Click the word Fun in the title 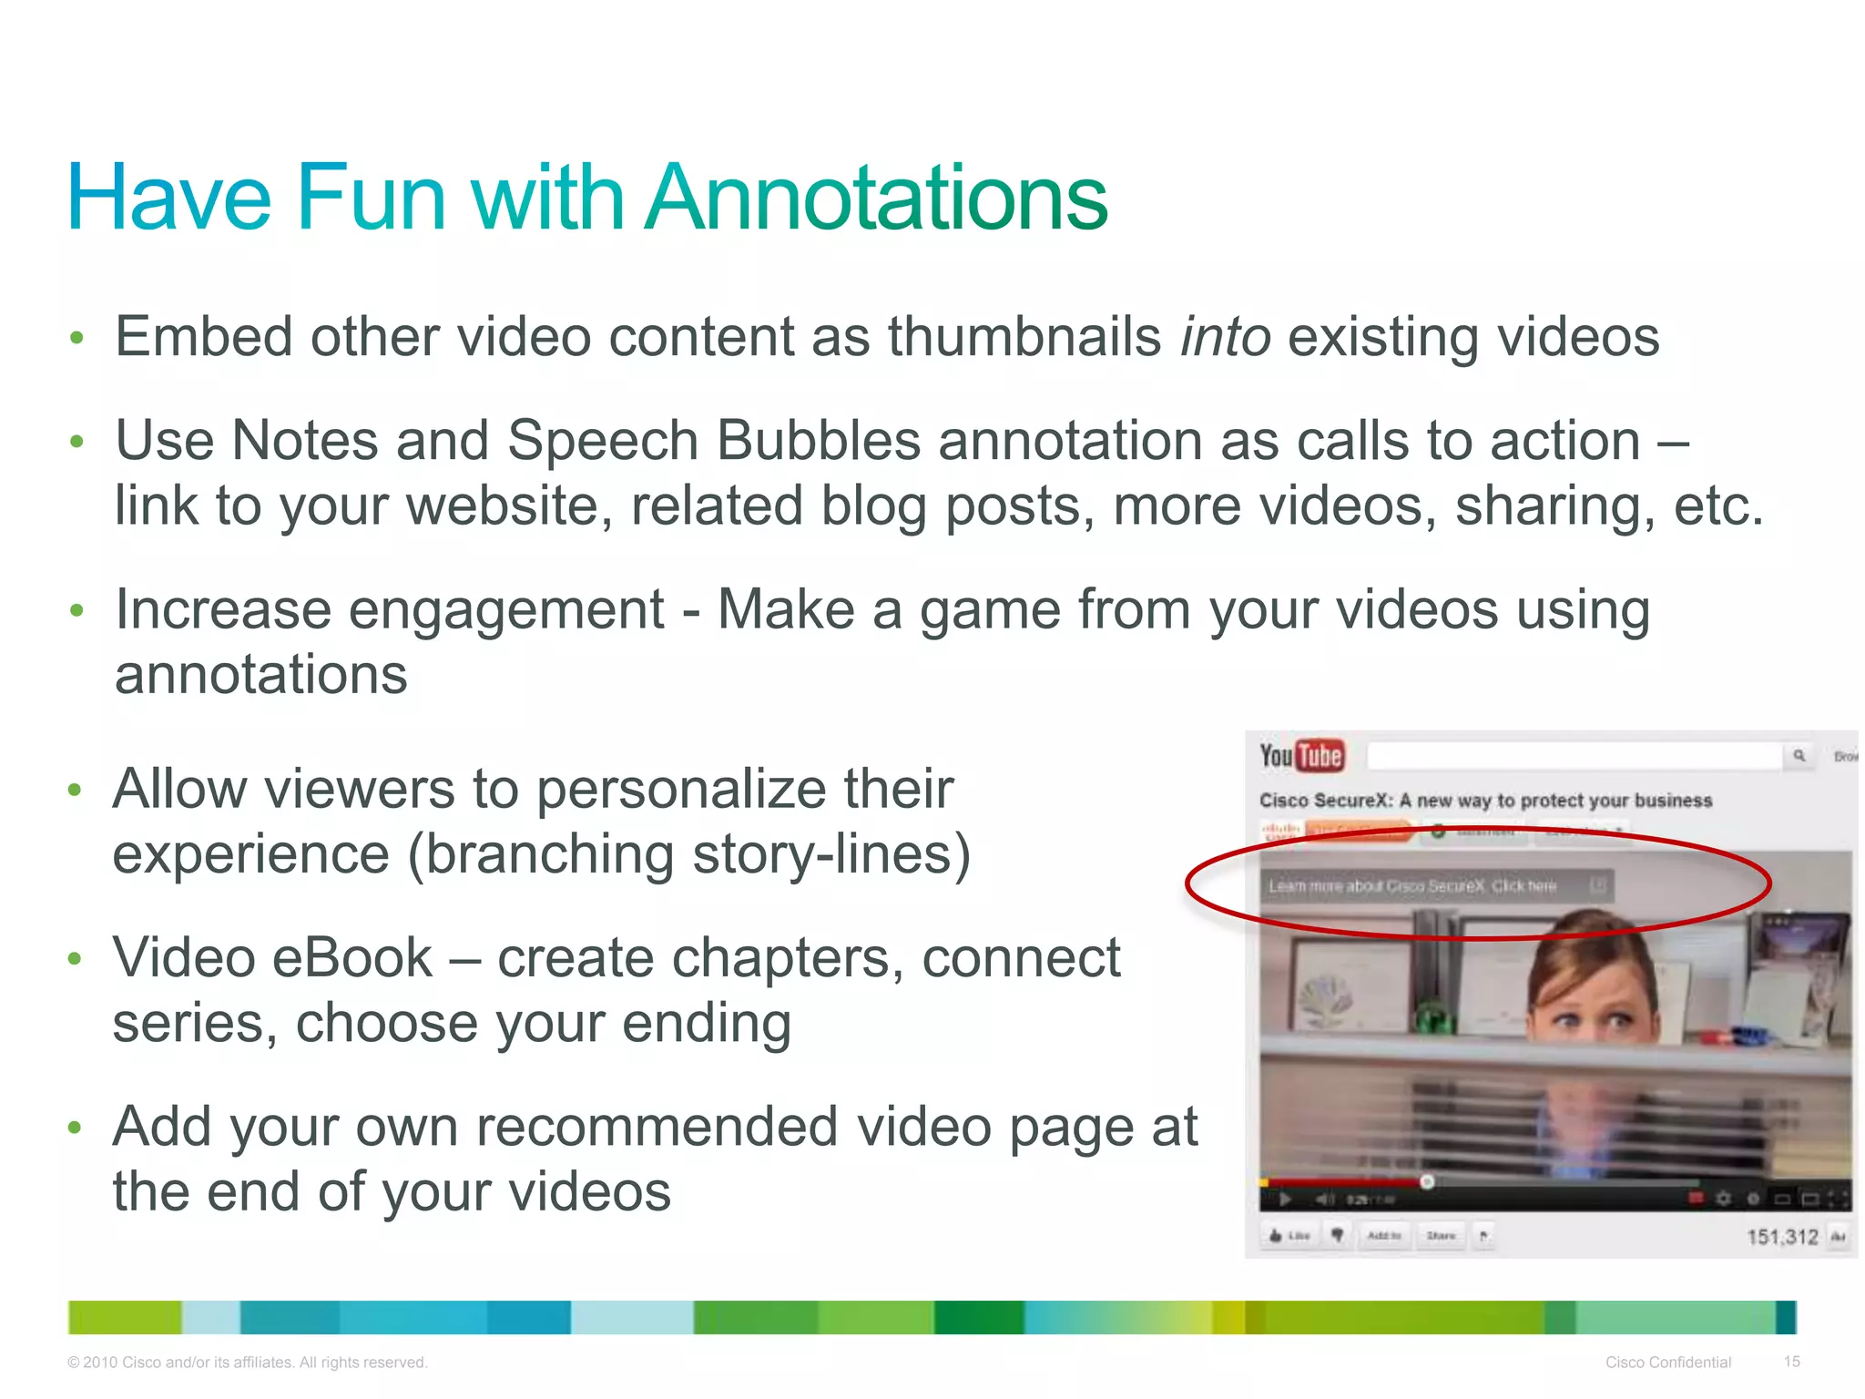coord(371,198)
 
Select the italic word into coord(1225,337)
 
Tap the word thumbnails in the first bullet coord(1024,337)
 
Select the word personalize coord(682,789)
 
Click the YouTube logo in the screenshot coord(1301,756)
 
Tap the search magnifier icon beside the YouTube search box coord(1799,756)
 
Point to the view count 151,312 coord(1781,1237)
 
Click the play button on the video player coord(1285,1199)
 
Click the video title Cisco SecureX coord(1485,801)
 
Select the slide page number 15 coord(1791,1362)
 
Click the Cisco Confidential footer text coord(1667,1363)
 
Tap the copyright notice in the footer coord(247,1363)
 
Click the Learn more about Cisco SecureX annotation coord(1412,886)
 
